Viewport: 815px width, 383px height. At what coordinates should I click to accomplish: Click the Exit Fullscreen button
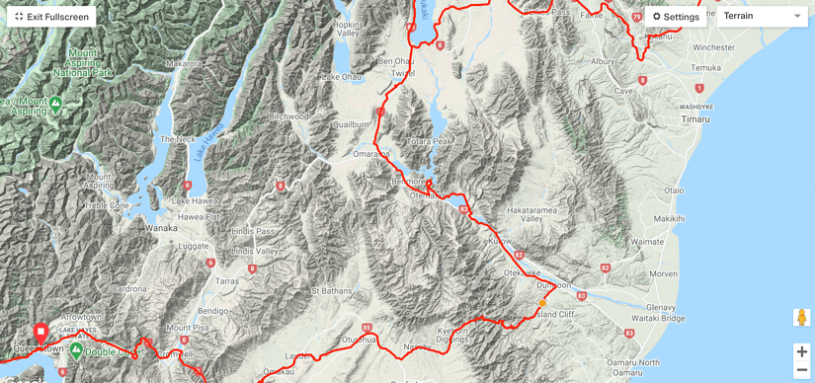[51, 17]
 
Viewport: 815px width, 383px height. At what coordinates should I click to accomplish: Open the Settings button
[676, 17]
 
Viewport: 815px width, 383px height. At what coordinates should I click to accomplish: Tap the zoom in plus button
[801, 351]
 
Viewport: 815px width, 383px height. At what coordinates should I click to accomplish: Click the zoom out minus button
[801, 370]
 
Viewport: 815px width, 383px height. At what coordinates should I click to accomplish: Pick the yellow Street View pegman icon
[801, 318]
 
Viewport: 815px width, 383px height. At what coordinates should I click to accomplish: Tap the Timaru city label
[695, 118]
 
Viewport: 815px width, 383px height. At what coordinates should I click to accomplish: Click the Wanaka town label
[161, 227]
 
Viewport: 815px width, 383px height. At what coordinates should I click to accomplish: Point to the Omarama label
[370, 154]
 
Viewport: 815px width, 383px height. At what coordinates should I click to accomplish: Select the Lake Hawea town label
[195, 200]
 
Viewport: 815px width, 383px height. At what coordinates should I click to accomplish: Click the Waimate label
[647, 241]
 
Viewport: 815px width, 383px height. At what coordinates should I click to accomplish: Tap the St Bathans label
[331, 291]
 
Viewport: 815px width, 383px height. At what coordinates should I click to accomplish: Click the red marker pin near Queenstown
[41, 332]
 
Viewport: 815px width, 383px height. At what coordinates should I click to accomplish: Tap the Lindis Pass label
[252, 231]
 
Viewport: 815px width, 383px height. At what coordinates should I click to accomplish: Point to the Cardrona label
[129, 289]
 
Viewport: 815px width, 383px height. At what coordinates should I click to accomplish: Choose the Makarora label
[184, 63]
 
